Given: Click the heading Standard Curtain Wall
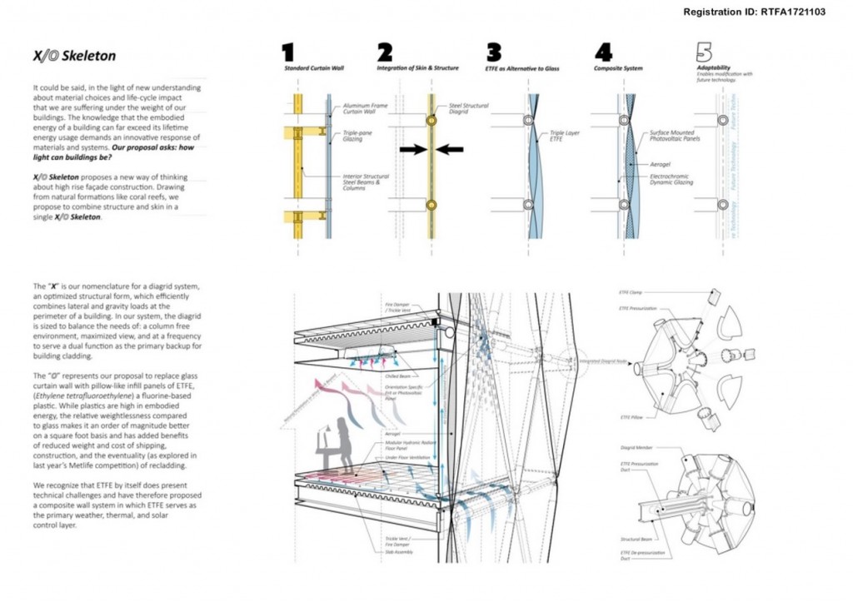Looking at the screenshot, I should click(x=312, y=67).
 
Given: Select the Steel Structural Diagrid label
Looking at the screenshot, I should click(x=469, y=109).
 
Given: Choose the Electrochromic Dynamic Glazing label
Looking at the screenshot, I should click(x=667, y=180).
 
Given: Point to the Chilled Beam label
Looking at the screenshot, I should click(x=397, y=376).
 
